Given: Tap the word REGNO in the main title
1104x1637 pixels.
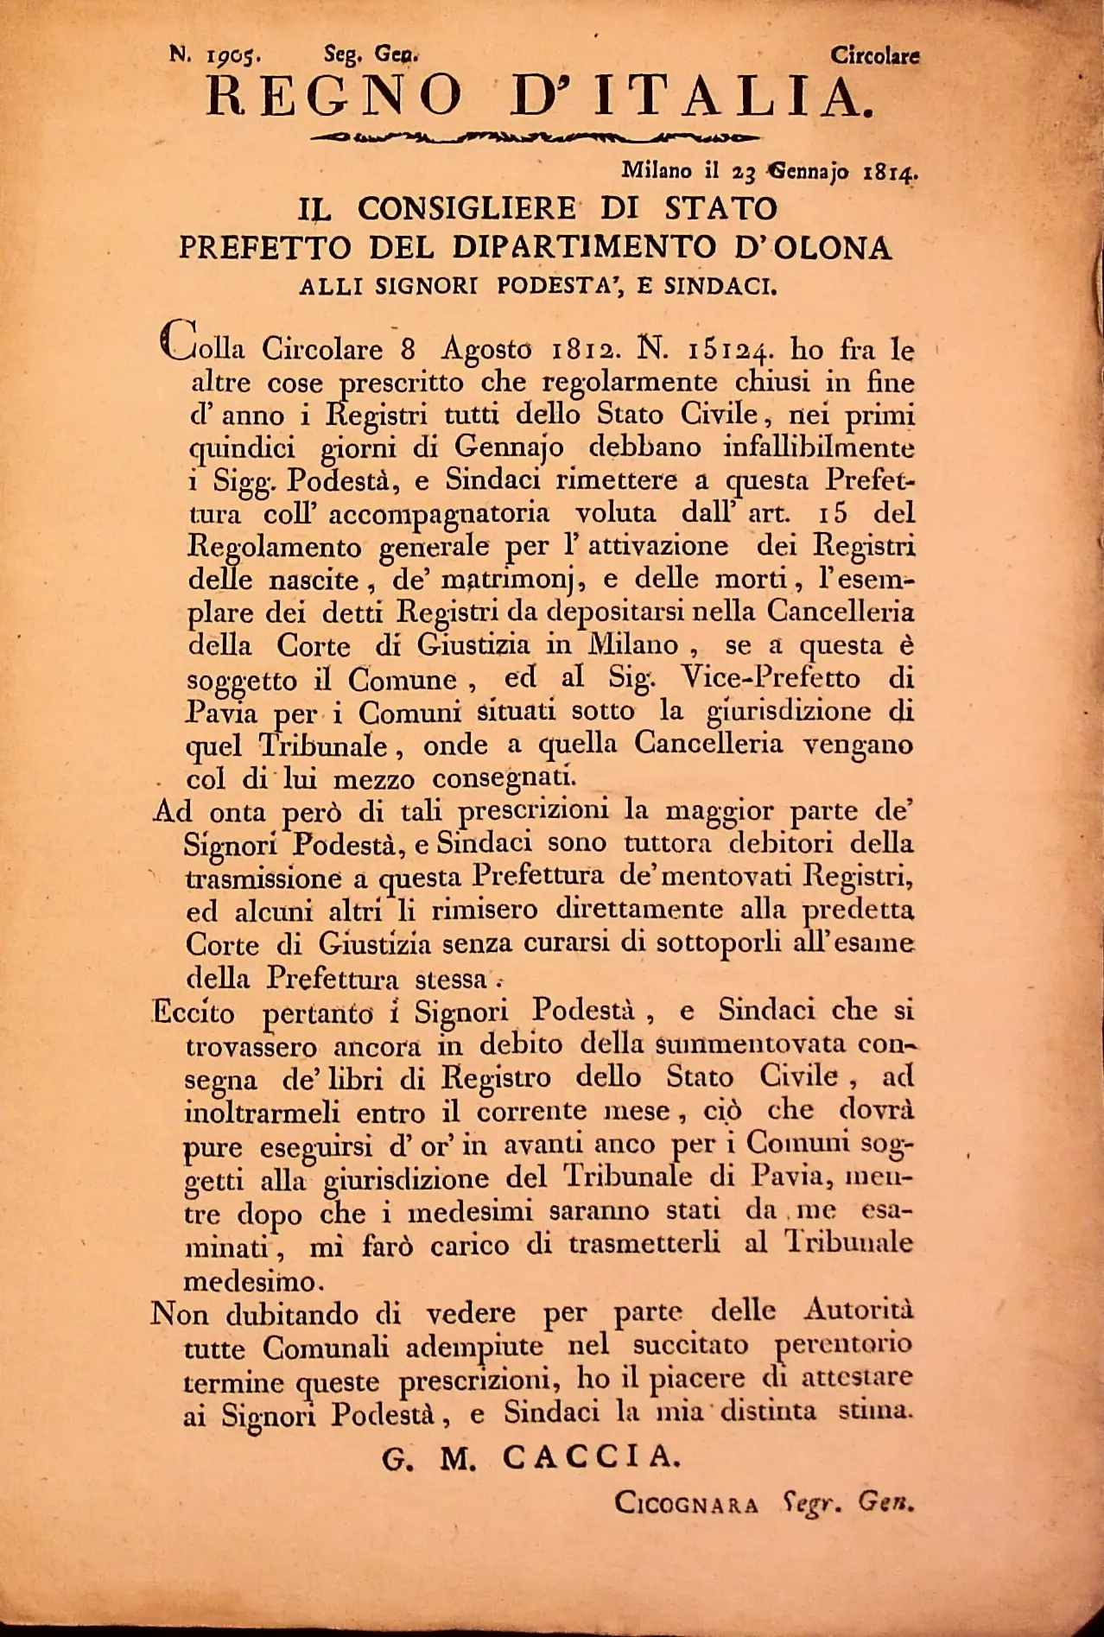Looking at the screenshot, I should click(x=335, y=98).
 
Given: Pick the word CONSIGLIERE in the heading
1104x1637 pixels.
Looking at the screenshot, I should click(x=466, y=209).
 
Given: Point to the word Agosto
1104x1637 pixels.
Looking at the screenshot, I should click(x=486, y=350).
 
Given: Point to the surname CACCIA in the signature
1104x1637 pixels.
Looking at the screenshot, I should click(x=591, y=1458).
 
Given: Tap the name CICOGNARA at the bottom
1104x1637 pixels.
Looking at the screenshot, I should click(x=687, y=1504).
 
